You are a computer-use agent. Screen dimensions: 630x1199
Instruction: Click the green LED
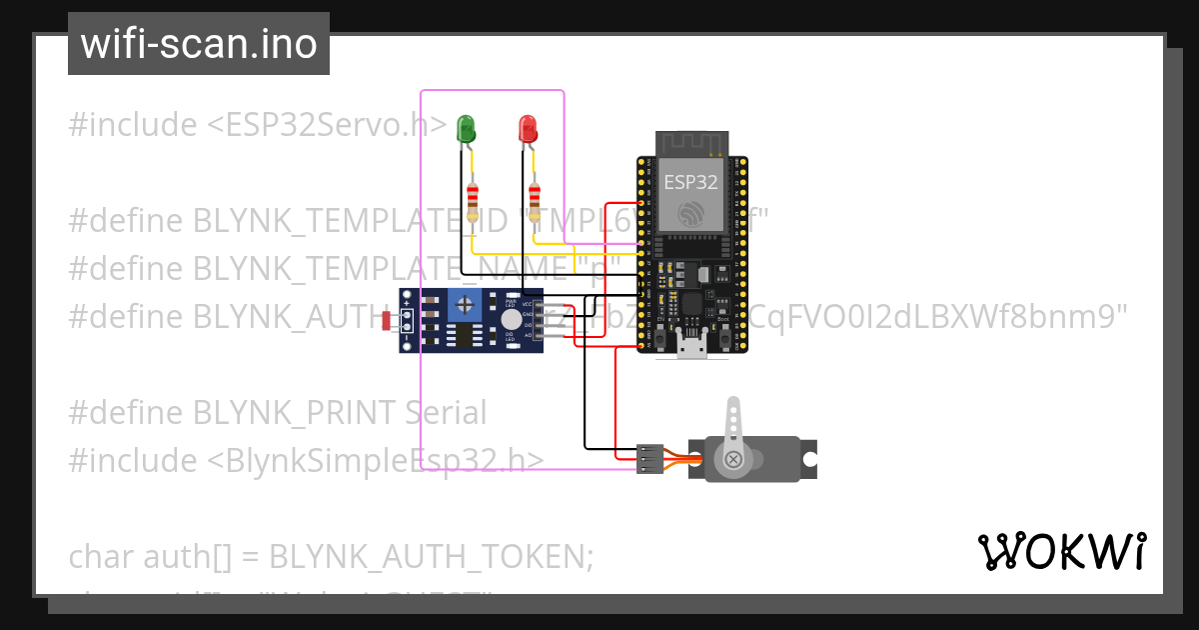point(466,128)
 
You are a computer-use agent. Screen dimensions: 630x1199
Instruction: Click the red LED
point(528,128)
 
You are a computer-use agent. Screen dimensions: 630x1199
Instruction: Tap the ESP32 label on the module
point(690,182)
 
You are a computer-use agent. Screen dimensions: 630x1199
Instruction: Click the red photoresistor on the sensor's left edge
point(388,320)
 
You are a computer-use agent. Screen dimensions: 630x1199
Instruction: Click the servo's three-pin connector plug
point(649,459)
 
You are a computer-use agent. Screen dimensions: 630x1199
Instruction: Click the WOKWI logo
point(1061,552)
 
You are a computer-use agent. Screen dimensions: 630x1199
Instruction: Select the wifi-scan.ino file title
point(199,44)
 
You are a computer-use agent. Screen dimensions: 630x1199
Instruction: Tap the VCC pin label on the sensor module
point(527,303)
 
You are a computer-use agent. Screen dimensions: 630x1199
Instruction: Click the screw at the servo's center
point(734,460)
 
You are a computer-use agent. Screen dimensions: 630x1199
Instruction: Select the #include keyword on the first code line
point(133,125)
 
